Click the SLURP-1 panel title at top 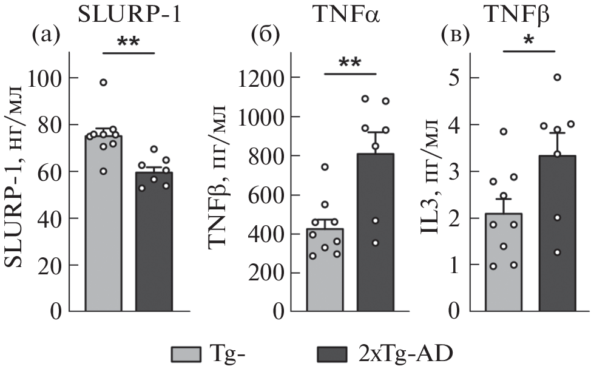tap(129, 13)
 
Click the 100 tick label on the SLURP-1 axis tap(63, 78)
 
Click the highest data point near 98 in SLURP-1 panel tap(103, 82)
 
